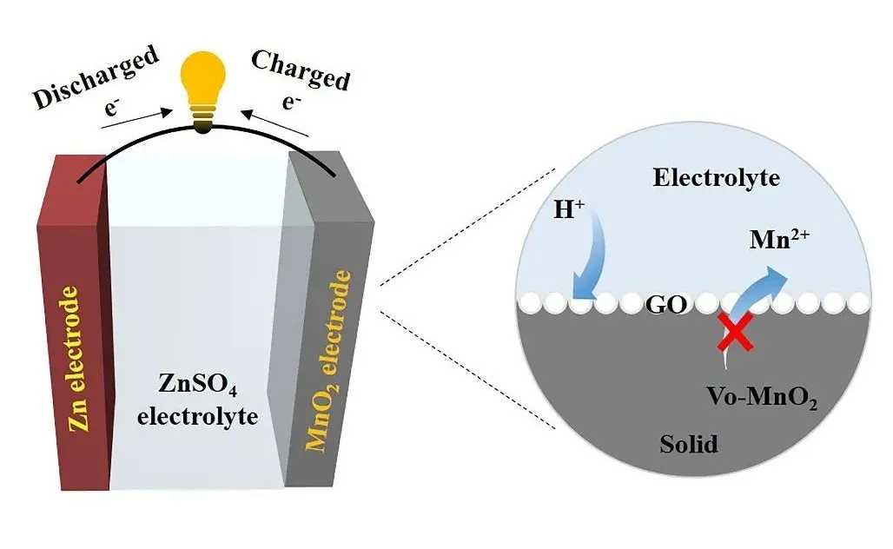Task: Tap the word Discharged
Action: pos(96,76)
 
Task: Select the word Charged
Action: pos(301,69)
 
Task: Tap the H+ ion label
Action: pos(568,210)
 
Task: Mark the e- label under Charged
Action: pos(288,97)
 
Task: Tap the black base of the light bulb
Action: pos(202,128)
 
